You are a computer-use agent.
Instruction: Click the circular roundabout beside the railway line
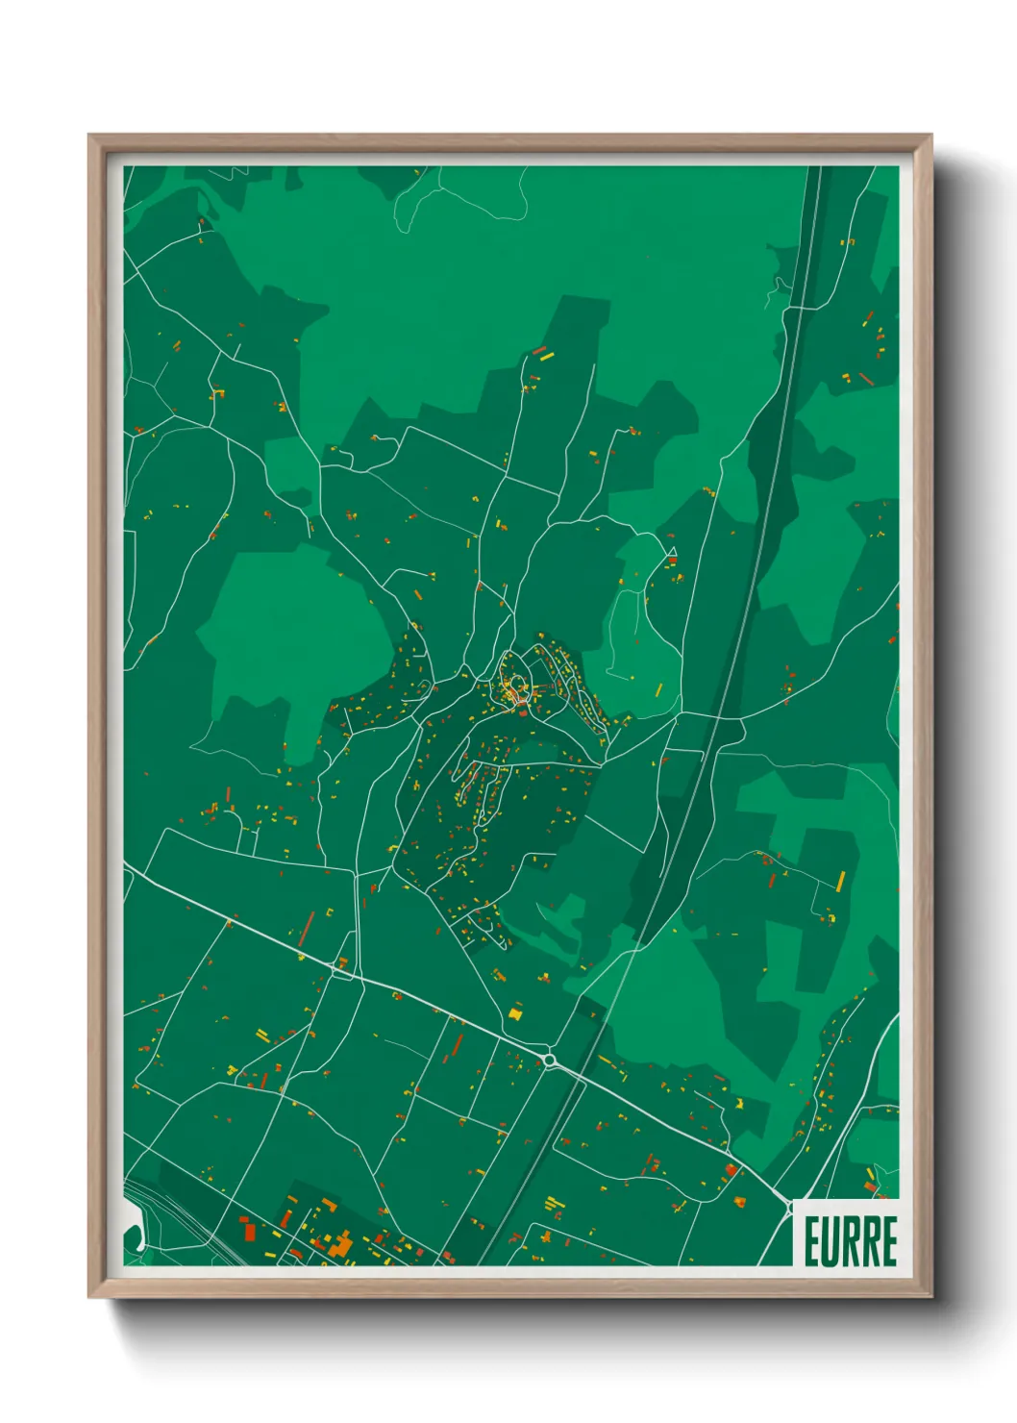point(550,1061)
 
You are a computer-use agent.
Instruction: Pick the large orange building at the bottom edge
point(341,1245)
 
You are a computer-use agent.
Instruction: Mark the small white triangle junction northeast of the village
point(672,553)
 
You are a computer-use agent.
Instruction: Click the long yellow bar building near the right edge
point(840,881)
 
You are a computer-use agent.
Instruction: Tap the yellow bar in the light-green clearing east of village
point(659,689)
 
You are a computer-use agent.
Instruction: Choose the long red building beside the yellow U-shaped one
point(307,929)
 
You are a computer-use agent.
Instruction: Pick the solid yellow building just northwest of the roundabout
point(517,1011)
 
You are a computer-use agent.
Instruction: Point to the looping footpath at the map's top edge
point(461,197)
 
